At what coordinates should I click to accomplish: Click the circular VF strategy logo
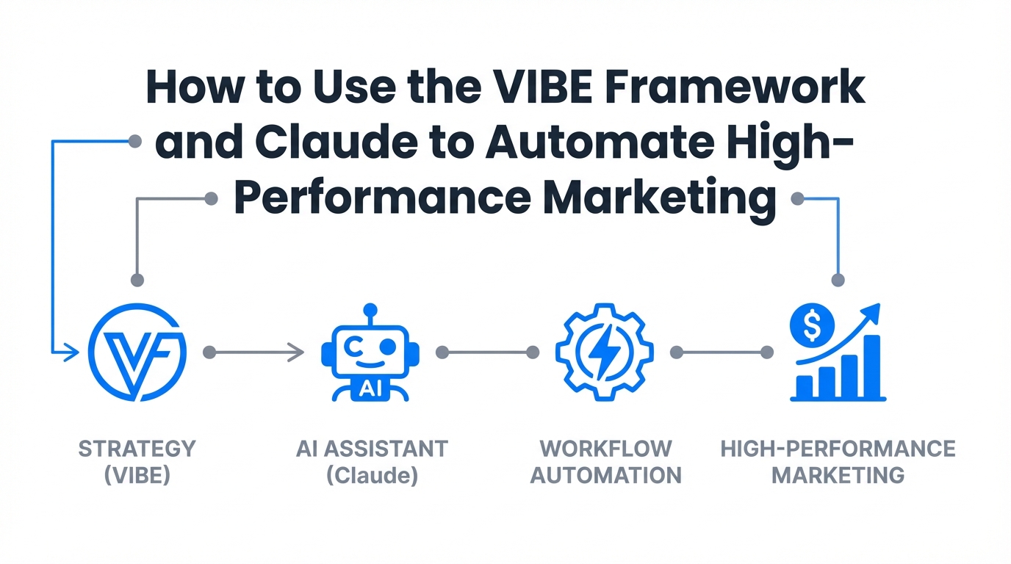coord(137,353)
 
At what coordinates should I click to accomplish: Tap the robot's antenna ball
coord(370,310)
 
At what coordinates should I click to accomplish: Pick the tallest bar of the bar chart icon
coord(871,366)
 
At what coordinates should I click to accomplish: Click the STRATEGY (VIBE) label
coord(137,461)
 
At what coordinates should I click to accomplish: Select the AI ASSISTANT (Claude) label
coord(372,461)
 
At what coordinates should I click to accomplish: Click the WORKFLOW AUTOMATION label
coord(606,461)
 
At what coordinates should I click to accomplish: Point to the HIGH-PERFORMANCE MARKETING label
coord(838,461)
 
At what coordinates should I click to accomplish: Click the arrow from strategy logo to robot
coord(257,353)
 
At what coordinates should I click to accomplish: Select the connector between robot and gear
coord(487,353)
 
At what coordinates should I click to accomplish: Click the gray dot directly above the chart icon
coord(838,280)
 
